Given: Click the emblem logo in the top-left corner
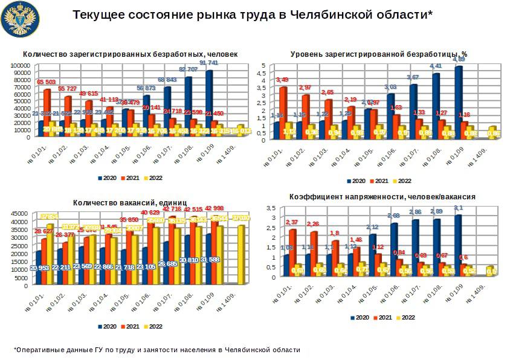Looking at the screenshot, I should coord(20,20).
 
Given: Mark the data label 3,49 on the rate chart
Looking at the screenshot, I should coord(282,80).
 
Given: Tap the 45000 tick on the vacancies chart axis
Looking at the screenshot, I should coord(23,213).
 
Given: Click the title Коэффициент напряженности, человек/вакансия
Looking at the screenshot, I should coord(382,197).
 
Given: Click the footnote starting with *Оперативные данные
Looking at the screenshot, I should coord(157,350).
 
